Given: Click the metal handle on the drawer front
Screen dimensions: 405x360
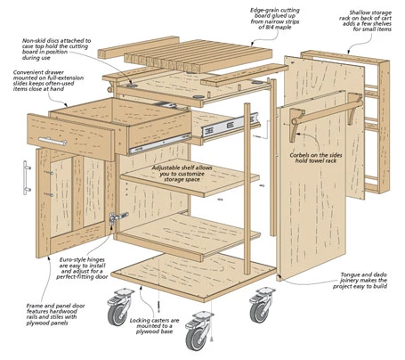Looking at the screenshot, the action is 53,141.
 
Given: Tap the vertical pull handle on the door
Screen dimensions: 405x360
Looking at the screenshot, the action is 26,178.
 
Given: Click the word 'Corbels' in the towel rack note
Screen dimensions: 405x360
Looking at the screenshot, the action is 300,155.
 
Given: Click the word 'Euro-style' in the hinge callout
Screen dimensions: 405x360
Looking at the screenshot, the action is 73,260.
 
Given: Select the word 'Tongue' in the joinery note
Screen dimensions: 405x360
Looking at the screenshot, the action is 351,274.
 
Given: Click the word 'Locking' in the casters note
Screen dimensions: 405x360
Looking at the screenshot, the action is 140,321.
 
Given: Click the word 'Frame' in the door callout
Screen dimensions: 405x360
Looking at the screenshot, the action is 34,306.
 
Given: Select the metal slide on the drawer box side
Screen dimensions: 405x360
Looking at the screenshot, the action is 159,144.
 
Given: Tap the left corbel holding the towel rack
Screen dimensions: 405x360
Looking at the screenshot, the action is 297,125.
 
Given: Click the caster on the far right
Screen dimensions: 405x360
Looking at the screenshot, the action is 261,305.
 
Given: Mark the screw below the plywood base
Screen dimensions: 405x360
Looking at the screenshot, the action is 159,306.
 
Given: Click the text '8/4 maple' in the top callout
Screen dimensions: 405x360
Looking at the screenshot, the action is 275,27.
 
